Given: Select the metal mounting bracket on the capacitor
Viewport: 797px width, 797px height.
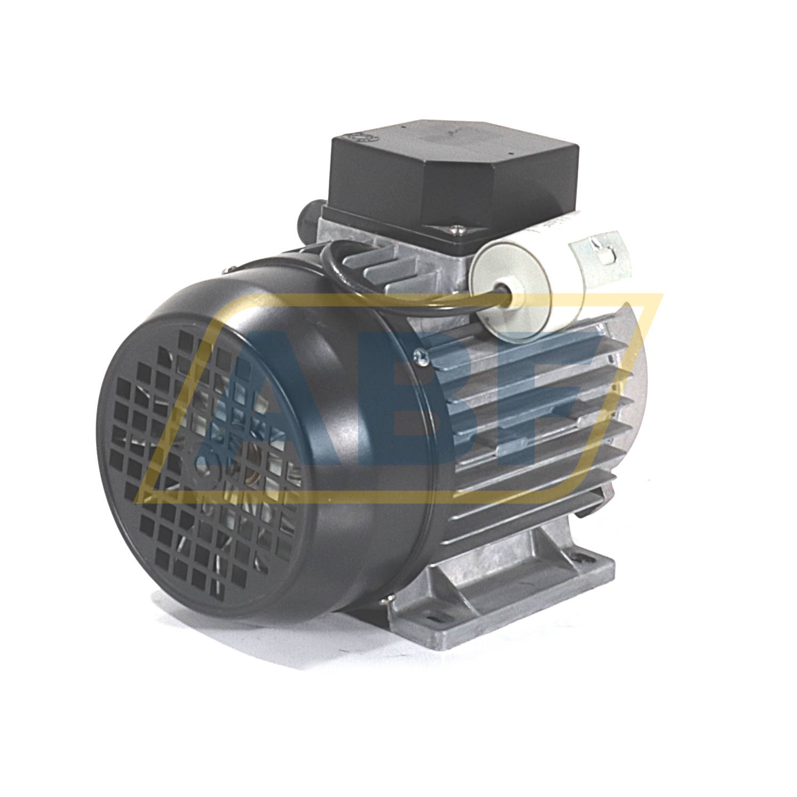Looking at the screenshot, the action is click(x=600, y=256).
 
